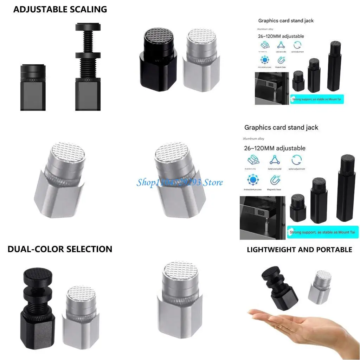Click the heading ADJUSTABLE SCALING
click(60, 9)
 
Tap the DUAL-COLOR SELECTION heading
click(60, 249)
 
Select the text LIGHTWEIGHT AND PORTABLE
click(299, 250)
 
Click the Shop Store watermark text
click(179, 182)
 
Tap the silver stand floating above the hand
click(320, 287)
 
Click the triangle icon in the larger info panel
click(275, 160)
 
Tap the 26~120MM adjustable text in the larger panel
click(275, 148)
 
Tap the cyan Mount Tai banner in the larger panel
click(322, 232)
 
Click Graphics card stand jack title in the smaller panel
click(286, 21)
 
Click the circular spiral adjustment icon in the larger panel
click(297, 160)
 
